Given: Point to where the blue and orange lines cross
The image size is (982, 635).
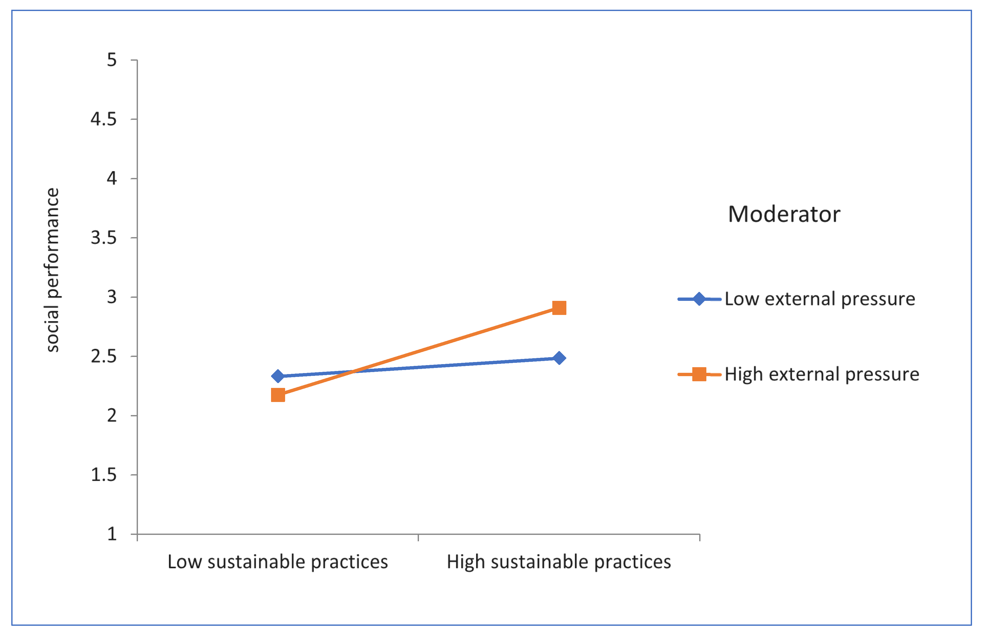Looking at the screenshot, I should [354, 371].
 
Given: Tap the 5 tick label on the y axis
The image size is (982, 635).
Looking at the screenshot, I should [112, 60].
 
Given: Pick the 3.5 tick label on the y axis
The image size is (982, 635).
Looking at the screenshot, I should [104, 238].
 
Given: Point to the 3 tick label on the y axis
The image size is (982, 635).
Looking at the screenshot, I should [112, 297].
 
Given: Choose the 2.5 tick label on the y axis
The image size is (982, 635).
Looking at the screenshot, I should [104, 356].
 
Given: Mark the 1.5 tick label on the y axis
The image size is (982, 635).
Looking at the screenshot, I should [104, 475].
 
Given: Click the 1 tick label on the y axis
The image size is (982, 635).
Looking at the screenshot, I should [112, 534].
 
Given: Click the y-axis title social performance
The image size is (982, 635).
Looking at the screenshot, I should [52, 270].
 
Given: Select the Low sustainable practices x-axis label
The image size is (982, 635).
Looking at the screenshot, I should [278, 562].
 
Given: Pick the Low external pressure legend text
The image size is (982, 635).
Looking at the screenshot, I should [820, 299].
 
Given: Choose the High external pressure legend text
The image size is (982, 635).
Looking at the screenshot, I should [822, 374].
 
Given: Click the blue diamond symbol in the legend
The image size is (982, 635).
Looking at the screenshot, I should [699, 299].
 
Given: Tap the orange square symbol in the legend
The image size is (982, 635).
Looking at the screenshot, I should [699, 374].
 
